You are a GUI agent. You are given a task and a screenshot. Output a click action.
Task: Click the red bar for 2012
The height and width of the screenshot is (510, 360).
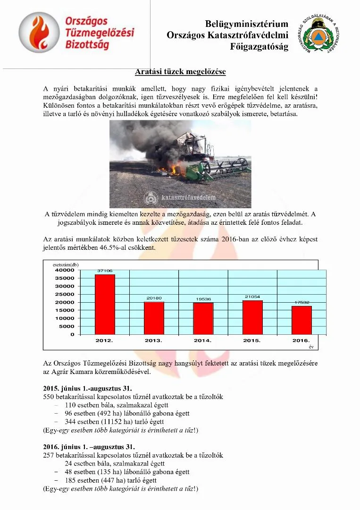[x=105, y=304]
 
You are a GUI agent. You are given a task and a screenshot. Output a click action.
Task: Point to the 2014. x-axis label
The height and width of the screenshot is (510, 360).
[x=203, y=340]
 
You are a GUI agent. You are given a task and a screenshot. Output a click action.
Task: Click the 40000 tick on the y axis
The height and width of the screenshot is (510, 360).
[x=65, y=271]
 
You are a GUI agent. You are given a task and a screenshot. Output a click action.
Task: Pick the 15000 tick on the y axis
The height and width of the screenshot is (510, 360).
[x=65, y=310]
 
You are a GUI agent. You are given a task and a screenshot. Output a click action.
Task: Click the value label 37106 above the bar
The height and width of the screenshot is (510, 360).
[x=105, y=271]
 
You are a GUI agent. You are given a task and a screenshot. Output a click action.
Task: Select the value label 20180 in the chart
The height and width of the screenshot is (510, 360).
[x=154, y=298]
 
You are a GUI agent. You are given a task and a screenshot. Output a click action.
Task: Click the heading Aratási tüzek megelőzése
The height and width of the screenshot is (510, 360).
[x=180, y=72]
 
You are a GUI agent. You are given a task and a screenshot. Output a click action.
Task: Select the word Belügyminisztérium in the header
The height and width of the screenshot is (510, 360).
[x=247, y=24]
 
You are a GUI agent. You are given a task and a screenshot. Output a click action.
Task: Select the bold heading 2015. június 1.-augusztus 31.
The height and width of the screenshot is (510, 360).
[x=84, y=389]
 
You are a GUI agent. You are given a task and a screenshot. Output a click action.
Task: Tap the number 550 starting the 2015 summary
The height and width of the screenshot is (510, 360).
[x=49, y=397]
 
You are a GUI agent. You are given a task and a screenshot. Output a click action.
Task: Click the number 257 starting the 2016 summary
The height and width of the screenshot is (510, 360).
[x=49, y=455]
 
